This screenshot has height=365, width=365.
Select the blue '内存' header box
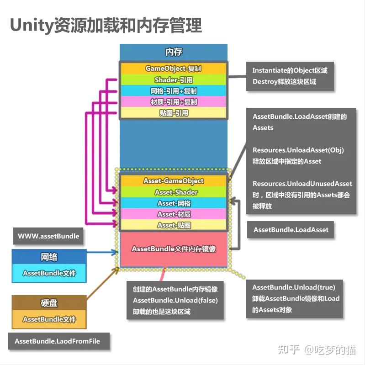(x=173, y=52)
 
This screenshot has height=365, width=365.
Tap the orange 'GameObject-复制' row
(x=173, y=69)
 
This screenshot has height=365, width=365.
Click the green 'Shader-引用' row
(x=173, y=80)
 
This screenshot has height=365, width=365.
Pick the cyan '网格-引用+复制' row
(x=173, y=91)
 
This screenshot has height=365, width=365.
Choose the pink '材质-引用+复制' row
(x=173, y=102)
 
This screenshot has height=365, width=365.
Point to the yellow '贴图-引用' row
(x=173, y=113)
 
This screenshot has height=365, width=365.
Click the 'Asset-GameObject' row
(x=173, y=181)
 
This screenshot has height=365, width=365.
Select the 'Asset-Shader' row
(x=173, y=192)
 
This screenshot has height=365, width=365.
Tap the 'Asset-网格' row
(x=173, y=203)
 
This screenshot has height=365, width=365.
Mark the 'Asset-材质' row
(x=173, y=214)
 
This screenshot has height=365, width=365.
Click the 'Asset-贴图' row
(x=173, y=225)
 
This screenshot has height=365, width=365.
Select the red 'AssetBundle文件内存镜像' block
(x=173, y=249)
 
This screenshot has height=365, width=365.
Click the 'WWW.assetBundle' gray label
(x=48, y=236)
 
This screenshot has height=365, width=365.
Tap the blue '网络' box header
(x=49, y=257)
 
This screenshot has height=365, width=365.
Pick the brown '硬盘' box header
(x=49, y=303)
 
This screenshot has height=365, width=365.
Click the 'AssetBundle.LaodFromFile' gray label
(x=57, y=341)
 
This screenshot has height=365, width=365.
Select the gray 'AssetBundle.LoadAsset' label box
(x=291, y=230)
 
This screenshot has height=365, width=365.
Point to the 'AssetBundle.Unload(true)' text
(x=294, y=287)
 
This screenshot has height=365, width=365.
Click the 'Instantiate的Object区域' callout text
(x=290, y=71)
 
